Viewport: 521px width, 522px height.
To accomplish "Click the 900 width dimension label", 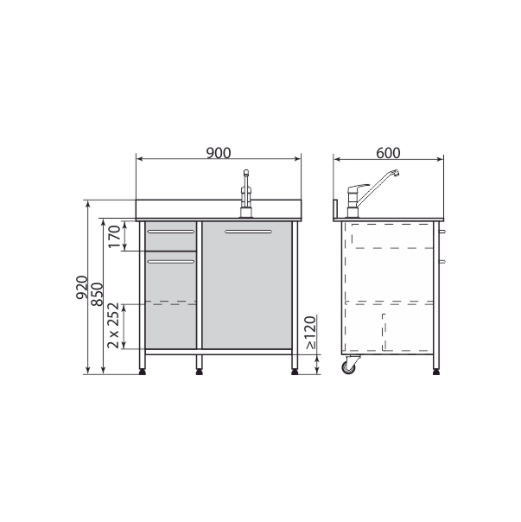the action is (219, 153).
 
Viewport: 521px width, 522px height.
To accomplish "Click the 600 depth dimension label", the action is (388, 153).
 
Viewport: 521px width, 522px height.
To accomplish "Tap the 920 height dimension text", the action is (82, 287).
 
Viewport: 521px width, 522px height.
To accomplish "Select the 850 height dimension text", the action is (98, 295).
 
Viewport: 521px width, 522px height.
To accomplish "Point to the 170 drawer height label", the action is (114, 237).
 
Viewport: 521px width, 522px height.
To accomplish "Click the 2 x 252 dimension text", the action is (113, 326).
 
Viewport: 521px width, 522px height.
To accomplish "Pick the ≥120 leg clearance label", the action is (310, 333).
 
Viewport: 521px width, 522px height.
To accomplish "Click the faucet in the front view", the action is (246, 194).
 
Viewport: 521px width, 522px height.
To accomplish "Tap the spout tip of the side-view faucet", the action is (395, 173).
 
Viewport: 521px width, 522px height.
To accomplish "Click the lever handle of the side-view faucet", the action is (359, 187).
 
